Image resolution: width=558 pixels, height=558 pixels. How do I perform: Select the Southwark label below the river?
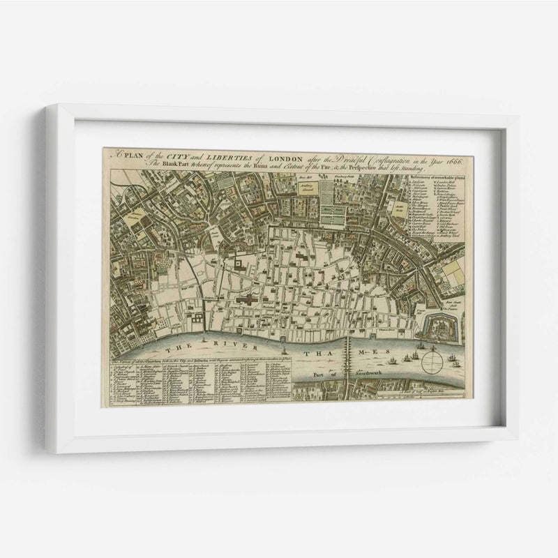point(365,374)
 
